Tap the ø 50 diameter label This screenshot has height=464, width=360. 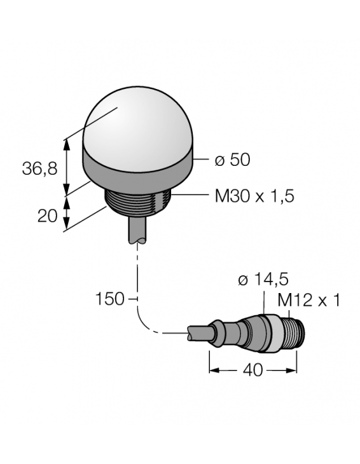[232, 160]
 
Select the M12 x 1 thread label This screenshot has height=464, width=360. [310, 299]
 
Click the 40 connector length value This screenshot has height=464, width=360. [253, 370]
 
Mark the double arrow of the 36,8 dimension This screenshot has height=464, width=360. [67, 165]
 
